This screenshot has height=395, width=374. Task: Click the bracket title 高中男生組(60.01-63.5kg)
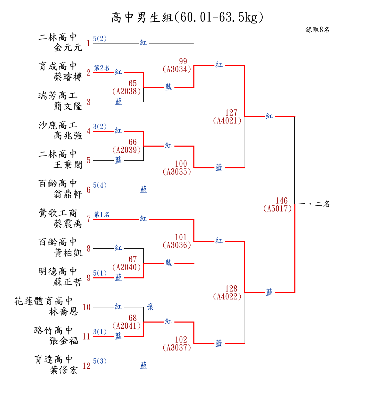(x=187, y=17)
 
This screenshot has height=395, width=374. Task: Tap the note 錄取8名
(x=317, y=30)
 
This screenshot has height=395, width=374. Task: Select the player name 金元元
(x=68, y=48)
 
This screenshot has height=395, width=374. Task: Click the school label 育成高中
(x=58, y=66)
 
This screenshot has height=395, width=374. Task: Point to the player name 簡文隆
(x=68, y=106)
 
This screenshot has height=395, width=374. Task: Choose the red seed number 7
(x=89, y=219)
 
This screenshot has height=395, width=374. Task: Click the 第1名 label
(x=102, y=215)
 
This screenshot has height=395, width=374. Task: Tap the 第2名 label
(x=102, y=68)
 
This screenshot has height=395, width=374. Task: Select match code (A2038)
(x=127, y=91)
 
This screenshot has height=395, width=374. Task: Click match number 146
(x=281, y=201)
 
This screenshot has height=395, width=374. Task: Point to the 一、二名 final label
(x=314, y=204)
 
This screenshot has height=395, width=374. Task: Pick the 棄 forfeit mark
(x=150, y=307)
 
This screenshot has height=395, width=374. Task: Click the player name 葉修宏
(x=64, y=370)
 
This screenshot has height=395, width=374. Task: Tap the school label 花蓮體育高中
(x=44, y=301)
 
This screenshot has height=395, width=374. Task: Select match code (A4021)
(x=227, y=120)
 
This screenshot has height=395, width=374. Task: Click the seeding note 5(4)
(x=100, y=185)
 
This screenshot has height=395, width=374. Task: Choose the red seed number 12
(x=87, y=366)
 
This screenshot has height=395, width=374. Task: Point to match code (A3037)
(x=177, y=347)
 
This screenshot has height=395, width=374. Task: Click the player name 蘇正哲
(x=68, y=282)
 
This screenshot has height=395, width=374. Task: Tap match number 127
(x=231, y=112)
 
